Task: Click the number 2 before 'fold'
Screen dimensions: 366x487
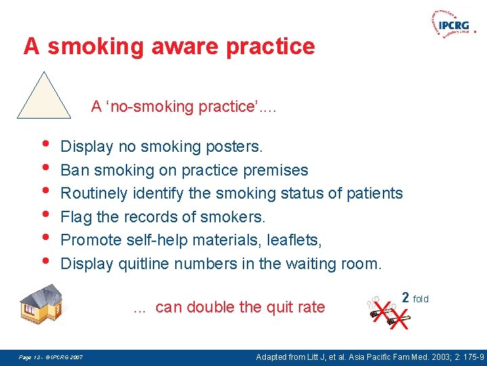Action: (x=405, y=297)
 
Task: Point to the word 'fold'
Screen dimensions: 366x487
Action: (x=421, y=299)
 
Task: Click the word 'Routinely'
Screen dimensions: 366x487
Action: (x=93, y=194)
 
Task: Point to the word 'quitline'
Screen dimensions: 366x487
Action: (x=144, y=264)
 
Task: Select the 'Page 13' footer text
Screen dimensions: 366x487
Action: (x=31, y=357)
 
